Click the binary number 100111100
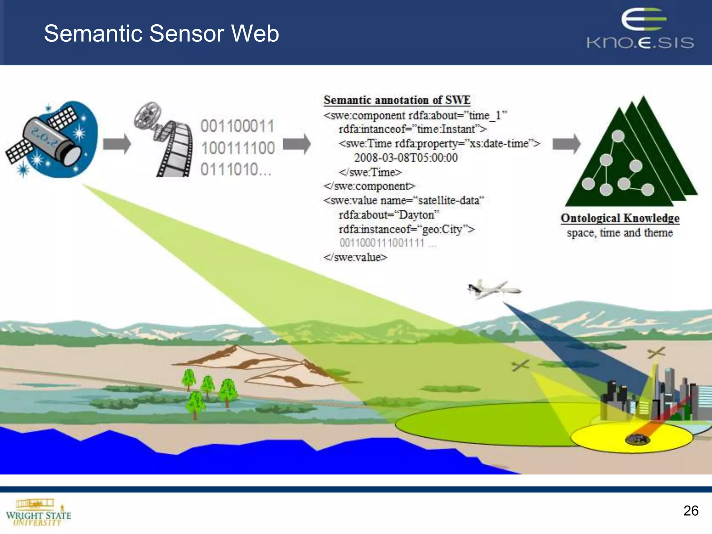[x=238, y=148]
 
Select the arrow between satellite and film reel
[x=117, y=144]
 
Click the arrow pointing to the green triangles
[x=566, y=144]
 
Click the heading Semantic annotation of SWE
[x=397, y=100]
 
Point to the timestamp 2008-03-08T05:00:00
[x=406, y=158]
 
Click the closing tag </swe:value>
[x=355, y=257]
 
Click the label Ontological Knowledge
[x=620, y=218]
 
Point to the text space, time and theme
[x=620, y=233]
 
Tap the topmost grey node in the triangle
[x=618, y=136]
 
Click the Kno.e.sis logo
[x=640, y=30]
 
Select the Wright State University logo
[x=38, y=513]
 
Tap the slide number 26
[x=690, y=511]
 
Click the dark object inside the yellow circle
[x=637, y=439]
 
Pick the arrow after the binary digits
[x=297, y=144]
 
